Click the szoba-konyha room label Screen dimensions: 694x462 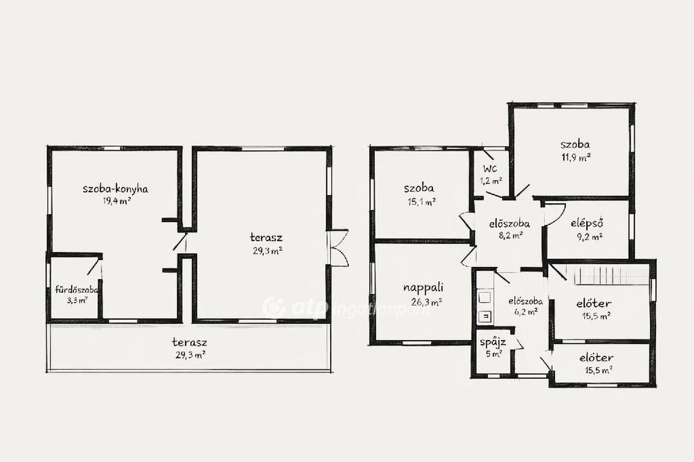tap(115, 189)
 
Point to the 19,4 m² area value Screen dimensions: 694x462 tap(117, 201)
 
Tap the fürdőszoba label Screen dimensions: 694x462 tap(77, 291)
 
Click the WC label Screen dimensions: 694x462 tap(490, 169)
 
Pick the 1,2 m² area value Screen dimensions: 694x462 tap(491, 181)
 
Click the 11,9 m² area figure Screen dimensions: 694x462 tap(576, 158)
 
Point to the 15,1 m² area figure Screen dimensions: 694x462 tap(422, 202)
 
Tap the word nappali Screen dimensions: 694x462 tap(423, 288)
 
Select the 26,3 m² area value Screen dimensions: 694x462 tap(426, 303)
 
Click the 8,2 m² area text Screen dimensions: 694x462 tap(510, 236)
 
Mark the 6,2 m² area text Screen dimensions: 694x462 tap(526, 312)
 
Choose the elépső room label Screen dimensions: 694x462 tap(588, 224)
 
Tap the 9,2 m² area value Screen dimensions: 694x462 tap(590, 236)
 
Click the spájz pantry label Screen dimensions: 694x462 tap(493, 343)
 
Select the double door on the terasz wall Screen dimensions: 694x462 tap(339, 248)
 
